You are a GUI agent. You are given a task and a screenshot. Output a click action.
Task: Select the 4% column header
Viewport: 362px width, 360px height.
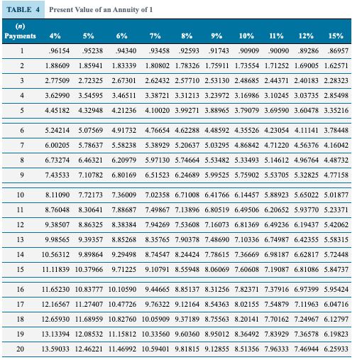click(55, 35)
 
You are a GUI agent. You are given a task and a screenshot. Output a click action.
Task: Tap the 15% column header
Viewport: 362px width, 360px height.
click(336, 35)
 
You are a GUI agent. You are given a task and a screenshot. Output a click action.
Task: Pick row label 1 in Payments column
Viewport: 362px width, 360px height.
click(22, 51)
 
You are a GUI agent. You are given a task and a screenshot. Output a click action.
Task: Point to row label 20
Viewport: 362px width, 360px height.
click(22, 349)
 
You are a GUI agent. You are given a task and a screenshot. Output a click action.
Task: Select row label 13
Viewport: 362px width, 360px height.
click(22, 239)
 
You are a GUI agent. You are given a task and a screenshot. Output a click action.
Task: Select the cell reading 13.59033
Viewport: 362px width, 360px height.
click(56, 349)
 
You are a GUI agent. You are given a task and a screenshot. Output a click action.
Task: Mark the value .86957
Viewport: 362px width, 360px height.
click(336, 51)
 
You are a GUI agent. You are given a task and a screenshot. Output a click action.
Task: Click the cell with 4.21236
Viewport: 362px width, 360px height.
click(126, 111)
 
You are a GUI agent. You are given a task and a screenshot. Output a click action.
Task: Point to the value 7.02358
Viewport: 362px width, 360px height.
click(158, 194)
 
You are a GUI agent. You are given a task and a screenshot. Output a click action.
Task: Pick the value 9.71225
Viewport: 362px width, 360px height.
click(126, 269)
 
